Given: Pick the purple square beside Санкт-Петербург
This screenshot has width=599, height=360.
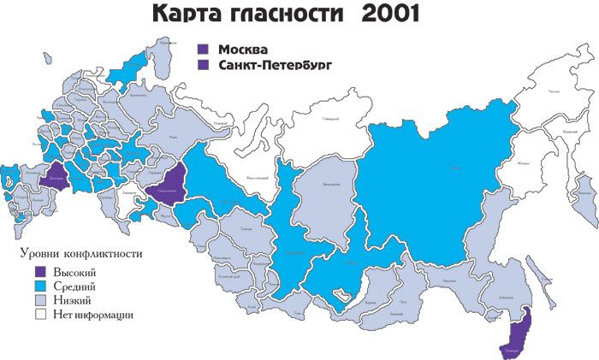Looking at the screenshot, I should tap(204, 64).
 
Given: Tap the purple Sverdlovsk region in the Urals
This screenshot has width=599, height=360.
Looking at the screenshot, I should tap(169, 186).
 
